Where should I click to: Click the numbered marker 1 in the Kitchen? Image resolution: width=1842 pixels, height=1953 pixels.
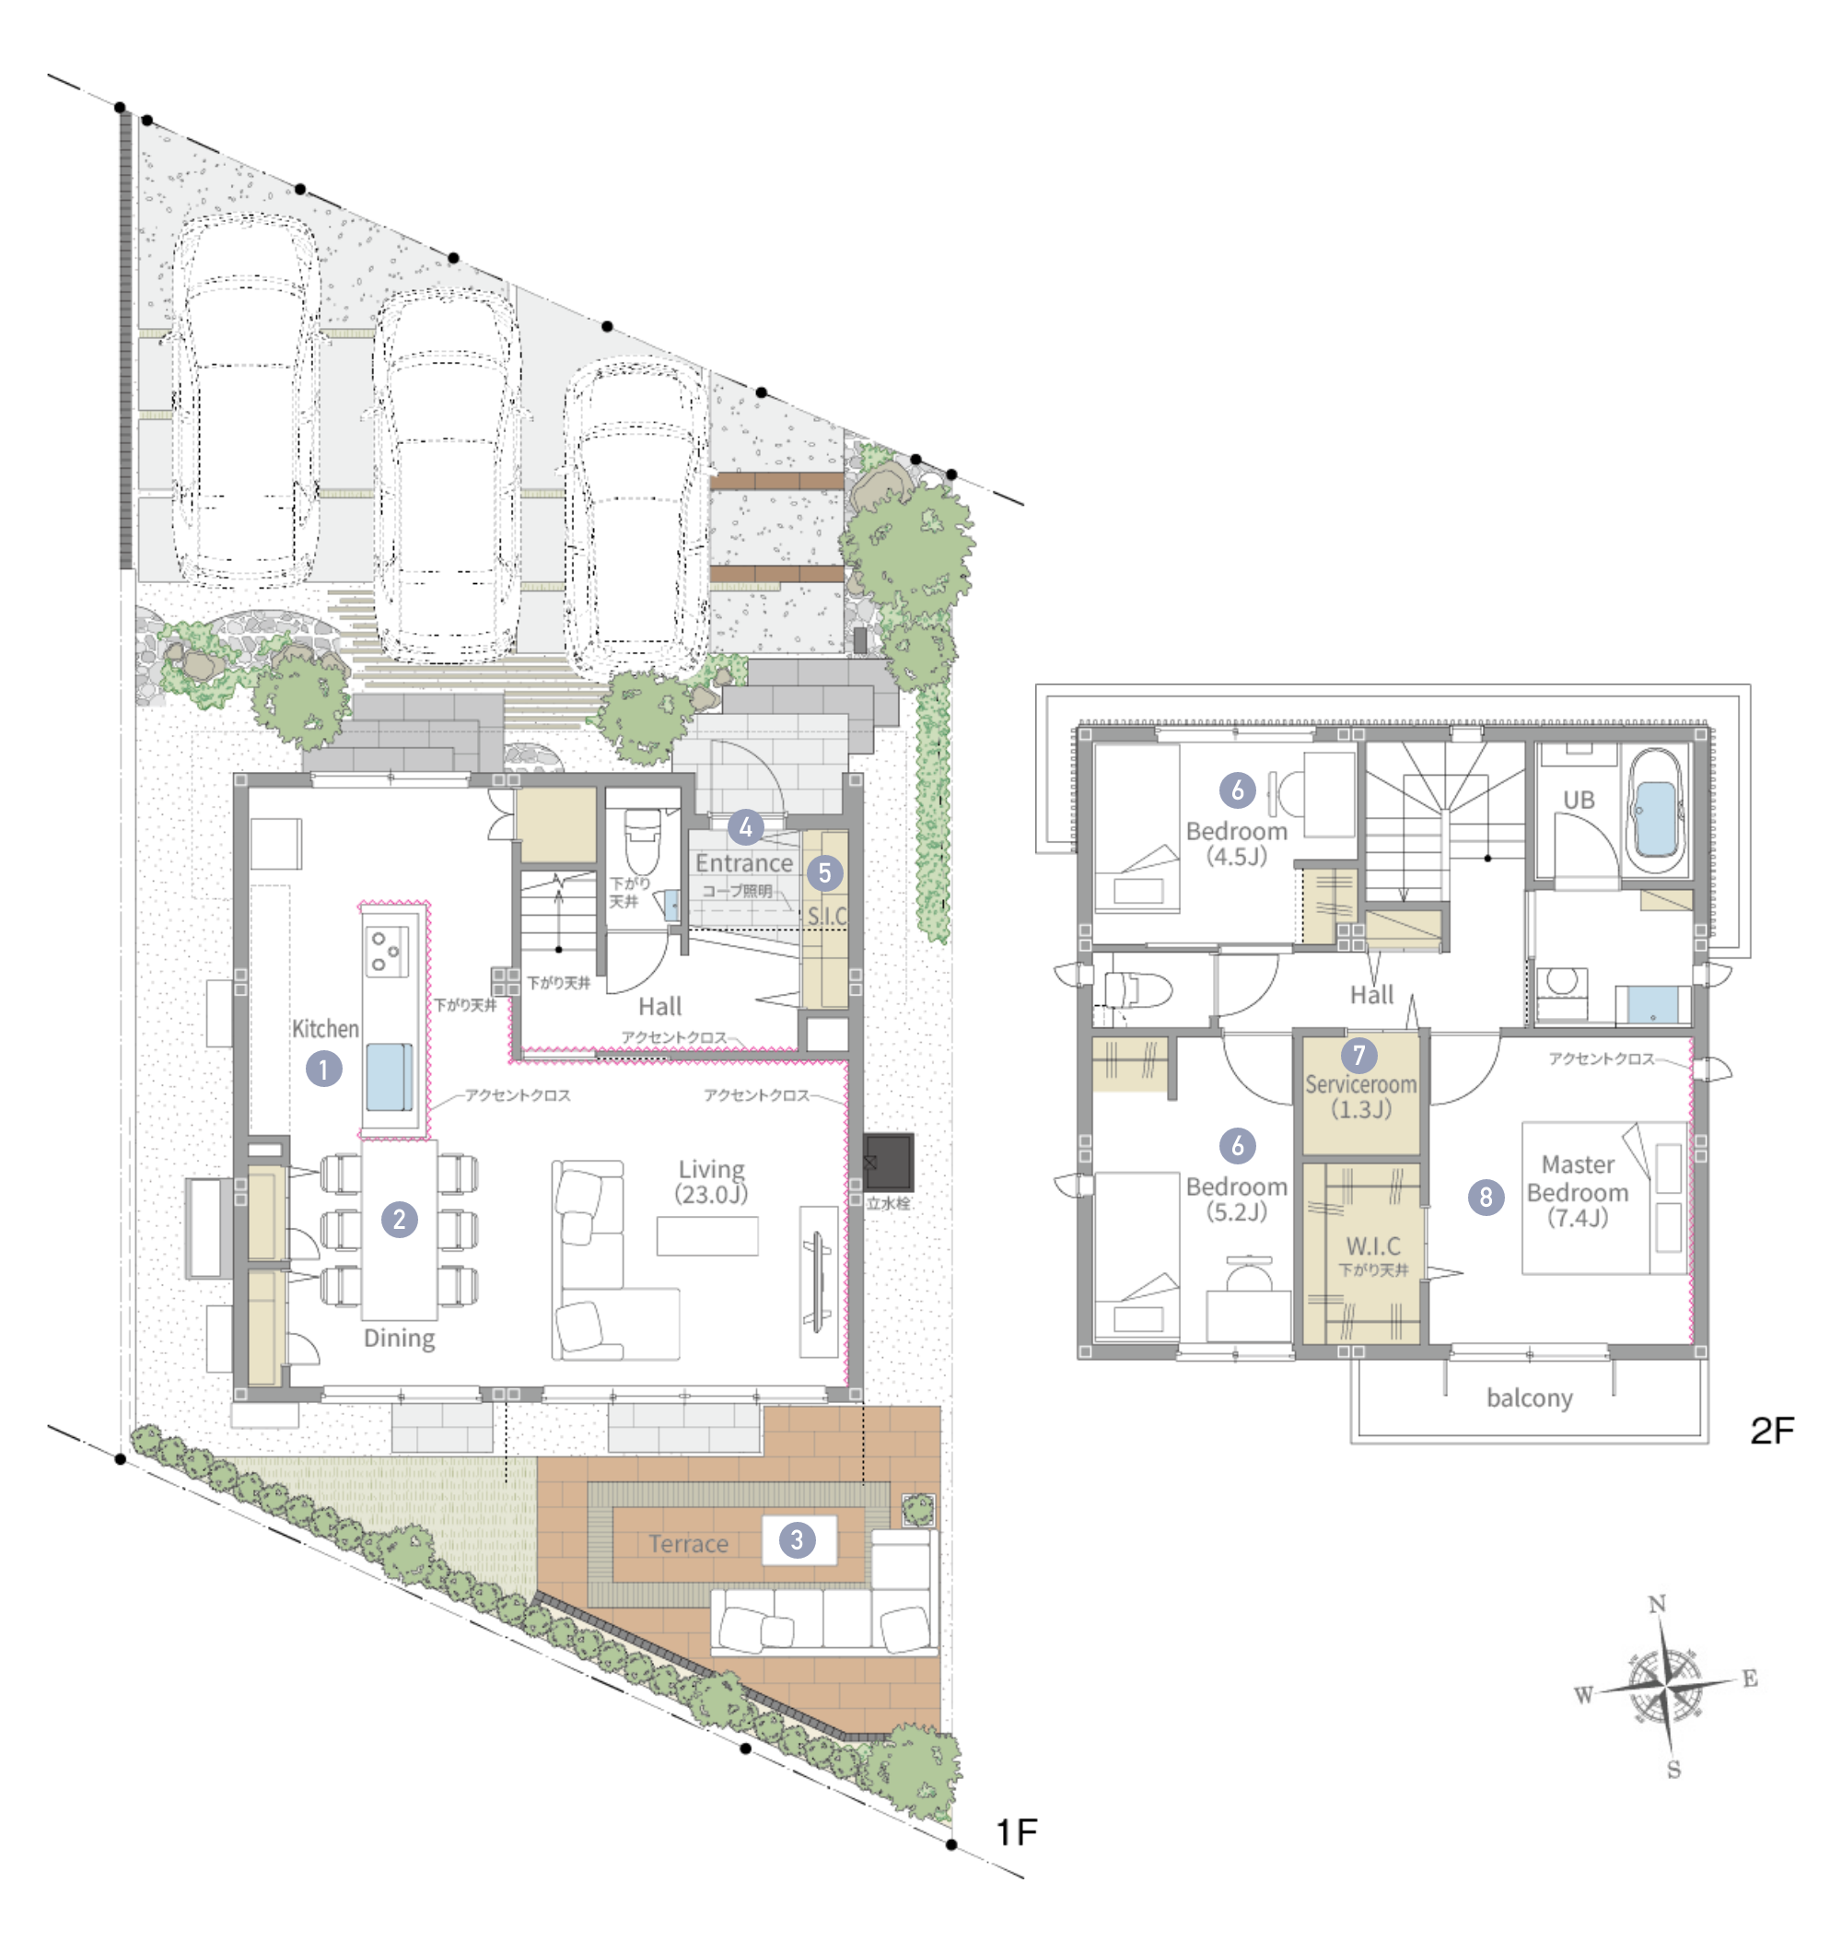coord(323,1069)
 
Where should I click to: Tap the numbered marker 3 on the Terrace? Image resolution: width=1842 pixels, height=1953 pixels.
coord(797,1539)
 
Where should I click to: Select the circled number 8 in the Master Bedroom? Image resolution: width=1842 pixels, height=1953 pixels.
coord(1486,1197)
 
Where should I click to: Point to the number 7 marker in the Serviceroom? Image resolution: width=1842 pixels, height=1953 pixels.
coord(1358,1055)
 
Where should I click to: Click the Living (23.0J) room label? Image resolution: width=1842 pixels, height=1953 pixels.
coord(711,1181)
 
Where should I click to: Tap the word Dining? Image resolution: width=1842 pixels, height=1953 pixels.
coord(399,1338)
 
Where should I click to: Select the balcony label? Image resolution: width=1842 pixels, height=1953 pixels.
coord(1530,1398)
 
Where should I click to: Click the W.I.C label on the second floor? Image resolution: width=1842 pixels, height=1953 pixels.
coord(1372,1245)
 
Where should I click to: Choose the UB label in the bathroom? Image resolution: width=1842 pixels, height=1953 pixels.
coord(1579,800)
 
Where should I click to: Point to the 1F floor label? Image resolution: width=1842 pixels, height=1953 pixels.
coord(1017,1832)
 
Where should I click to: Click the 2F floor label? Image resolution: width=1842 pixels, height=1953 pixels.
coord(1772,1431)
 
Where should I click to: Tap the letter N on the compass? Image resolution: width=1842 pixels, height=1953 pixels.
coord(1657,1604)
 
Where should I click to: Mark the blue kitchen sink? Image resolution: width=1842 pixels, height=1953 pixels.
coord(390,1078)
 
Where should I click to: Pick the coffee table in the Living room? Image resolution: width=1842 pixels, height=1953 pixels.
coord(707,1236)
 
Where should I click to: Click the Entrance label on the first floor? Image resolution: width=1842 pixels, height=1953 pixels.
coord(743,862)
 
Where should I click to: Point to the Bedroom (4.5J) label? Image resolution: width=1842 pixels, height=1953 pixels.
coord(1237,843)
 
